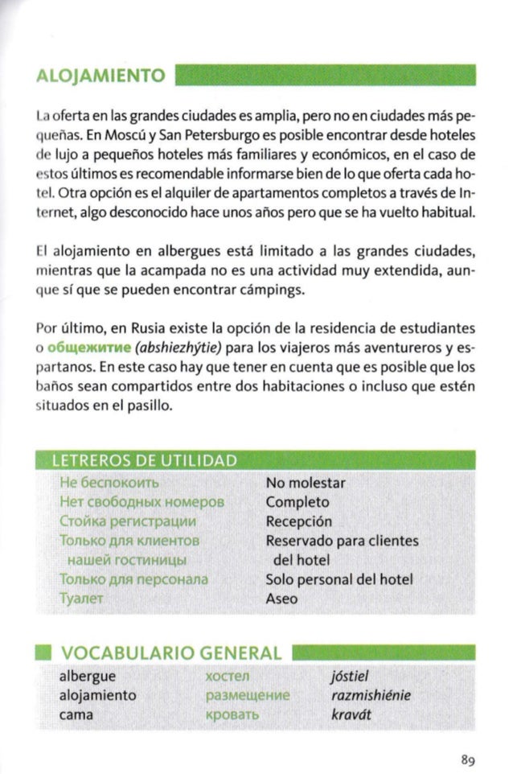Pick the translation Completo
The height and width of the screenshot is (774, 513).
(297, 503)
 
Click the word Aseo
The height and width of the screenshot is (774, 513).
(281, 599)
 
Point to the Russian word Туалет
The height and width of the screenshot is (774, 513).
(80, 599)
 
